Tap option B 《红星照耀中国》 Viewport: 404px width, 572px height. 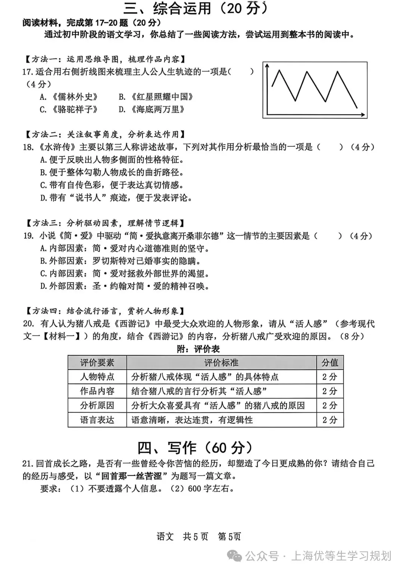tap(156, 97)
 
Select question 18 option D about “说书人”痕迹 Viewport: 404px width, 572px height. tap(116, 198)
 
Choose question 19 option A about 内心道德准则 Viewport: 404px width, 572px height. tap(124, 249)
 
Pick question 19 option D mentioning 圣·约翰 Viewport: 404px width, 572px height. tap(124, 286)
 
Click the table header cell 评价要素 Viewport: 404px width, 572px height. tap(97, 362)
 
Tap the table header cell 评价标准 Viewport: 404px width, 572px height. tap(221, 362)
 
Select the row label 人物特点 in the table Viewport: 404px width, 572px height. tap(97, 377)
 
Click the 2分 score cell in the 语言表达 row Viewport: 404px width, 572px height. tap(330, 420)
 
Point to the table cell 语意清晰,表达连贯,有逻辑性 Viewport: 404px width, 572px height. tap(192, 420)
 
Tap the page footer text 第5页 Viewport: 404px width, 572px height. tap(229, 536)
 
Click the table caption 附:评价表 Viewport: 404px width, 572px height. tap(198, 349)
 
